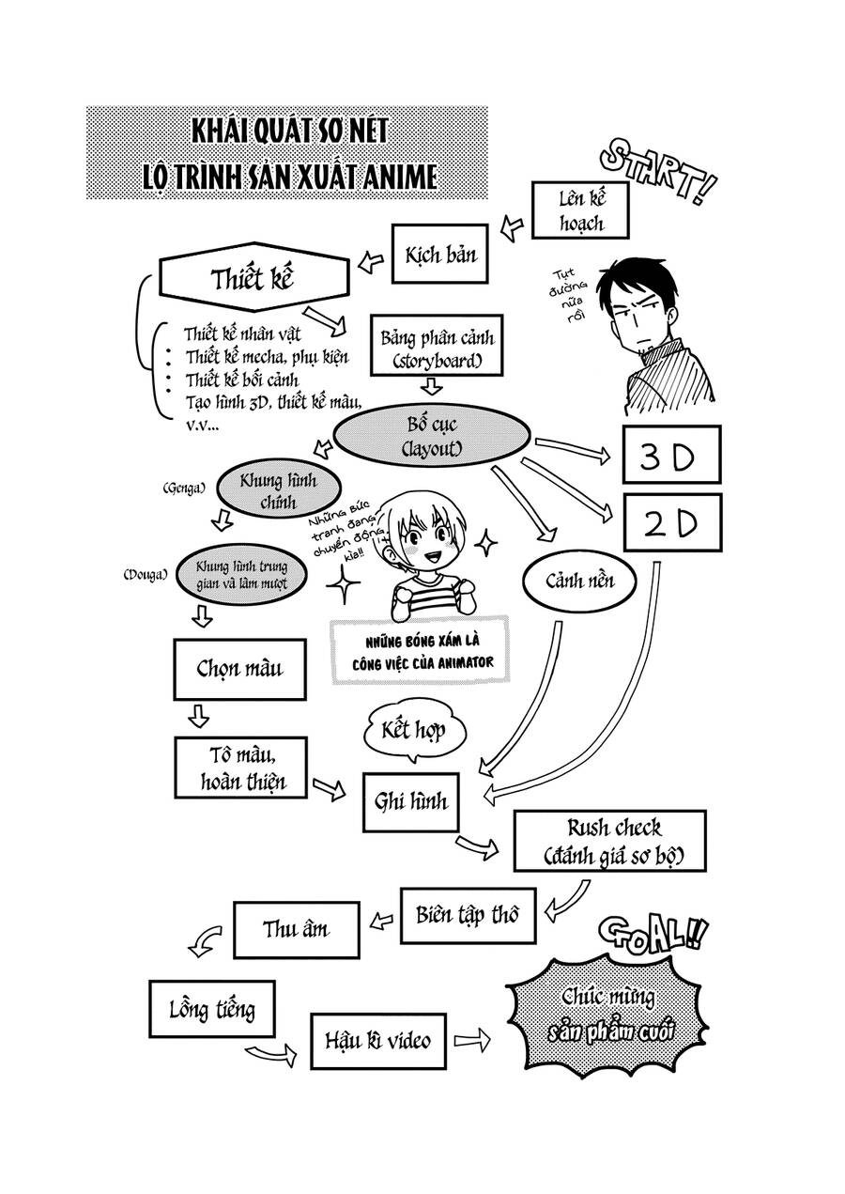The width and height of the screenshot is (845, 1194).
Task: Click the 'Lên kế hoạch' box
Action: pos(579,209)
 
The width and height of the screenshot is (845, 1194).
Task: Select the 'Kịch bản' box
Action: pos(440,254)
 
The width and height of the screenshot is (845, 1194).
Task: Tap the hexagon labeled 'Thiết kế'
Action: pos(253,279)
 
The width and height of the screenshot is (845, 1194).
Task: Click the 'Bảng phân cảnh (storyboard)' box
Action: pos(438,346)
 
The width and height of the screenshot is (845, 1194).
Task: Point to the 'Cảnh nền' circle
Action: pos(579,581)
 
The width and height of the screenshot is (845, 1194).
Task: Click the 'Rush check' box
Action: pos(614,842)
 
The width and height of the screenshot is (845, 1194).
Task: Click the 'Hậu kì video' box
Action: pos(377,1040)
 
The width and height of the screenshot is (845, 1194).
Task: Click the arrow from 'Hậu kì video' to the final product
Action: pos(472,1040)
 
